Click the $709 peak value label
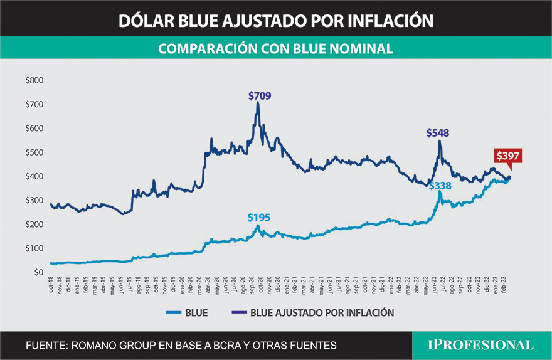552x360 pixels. point(260,96)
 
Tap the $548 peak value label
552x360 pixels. point(438,133)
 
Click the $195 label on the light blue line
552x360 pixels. point(259,217)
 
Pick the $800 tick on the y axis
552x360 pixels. point(34,80)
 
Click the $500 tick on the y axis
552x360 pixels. point(34,152)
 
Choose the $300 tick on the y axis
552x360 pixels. point(34,201)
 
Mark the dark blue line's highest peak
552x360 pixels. point(258,103)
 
